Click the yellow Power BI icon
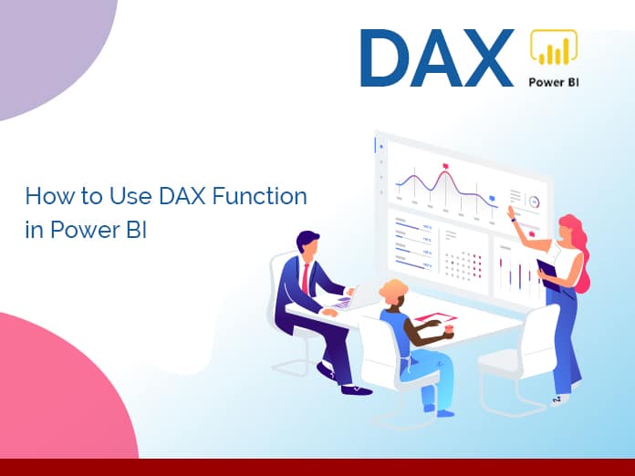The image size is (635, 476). pyautogui.click(x=554, y=51)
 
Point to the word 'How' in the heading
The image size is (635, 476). pyautogui.click(x=45, y=195)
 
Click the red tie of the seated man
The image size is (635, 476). pyautogui.click(x=304, y=277)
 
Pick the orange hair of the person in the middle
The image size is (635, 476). pyautogui.click(x=393, y=291)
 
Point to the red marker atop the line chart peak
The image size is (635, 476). pyautogui.click(x=444, y=165)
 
